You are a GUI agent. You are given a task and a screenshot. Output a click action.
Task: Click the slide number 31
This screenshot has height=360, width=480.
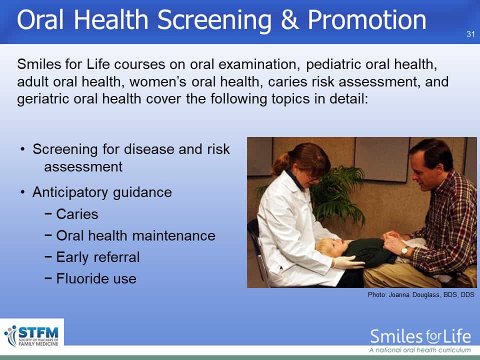point(470,33)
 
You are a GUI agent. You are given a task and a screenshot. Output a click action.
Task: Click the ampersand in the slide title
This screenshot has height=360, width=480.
point(289,20)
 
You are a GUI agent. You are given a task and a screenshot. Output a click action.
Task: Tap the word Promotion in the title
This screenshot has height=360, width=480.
point(366,20)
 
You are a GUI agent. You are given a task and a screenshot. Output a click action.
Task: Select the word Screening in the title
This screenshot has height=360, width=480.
point(214,21)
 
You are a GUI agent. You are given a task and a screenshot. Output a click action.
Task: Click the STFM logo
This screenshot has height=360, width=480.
point(32,336)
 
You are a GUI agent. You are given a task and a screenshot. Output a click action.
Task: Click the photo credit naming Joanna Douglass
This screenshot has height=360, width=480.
point(421,294)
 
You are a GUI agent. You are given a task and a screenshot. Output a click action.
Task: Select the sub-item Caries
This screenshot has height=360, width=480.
point(77,214)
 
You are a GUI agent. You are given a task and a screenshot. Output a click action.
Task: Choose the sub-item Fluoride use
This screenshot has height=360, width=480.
point(96,278)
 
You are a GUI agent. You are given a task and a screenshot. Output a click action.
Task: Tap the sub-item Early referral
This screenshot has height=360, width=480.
point(98,257)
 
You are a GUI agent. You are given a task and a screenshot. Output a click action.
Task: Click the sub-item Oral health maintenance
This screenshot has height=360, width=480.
point(135,235)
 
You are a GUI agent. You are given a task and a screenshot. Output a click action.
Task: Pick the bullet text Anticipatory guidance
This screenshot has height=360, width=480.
point(102,192)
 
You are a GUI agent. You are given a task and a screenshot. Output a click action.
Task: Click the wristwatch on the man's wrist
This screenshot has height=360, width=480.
point(404,251)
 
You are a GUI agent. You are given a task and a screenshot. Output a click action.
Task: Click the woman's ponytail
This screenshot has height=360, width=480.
point(280,164)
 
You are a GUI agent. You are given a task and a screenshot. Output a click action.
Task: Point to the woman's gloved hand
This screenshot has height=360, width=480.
point(347,262)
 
